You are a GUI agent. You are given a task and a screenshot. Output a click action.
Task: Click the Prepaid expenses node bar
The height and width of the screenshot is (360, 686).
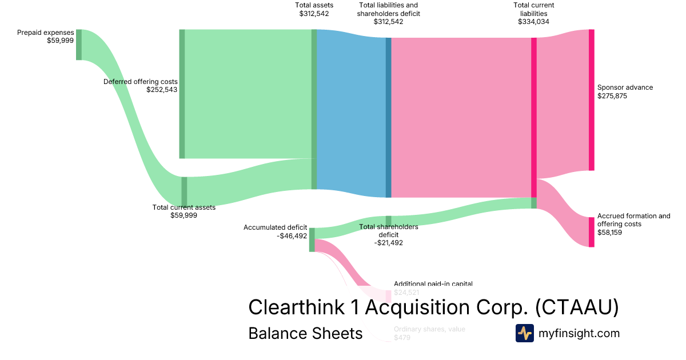[x=79, y=45]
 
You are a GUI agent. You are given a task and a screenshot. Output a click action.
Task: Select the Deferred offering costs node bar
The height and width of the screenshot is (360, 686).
[x=182, y=94]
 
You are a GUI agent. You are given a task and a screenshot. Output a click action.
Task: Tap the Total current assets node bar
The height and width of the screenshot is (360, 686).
[x=184, y=191]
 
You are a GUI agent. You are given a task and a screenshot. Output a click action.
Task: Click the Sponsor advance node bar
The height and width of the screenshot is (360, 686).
[x=592, y=100]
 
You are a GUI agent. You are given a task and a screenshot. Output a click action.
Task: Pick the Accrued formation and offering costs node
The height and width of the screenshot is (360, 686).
[x=592, y=232]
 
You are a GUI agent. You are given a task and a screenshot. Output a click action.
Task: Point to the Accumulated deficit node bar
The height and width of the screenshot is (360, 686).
[x=312, y=239]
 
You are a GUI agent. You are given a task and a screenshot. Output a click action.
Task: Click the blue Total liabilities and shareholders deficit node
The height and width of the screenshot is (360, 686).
[x=389, y=118]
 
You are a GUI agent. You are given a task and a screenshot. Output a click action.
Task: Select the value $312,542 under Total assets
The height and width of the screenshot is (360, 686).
[x=314, y=14]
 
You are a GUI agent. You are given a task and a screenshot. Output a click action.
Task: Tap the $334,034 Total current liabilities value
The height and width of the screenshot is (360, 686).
[x=533, y=22]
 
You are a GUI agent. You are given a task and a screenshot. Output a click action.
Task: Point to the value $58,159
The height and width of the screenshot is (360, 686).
[x=611, y=233]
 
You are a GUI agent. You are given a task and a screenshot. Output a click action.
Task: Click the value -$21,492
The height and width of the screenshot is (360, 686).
[x=388, y=243]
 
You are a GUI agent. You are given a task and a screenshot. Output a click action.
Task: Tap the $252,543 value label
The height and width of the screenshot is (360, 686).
[x=162, y=90]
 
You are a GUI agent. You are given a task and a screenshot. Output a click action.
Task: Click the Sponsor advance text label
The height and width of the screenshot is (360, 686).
[x=625, y=87]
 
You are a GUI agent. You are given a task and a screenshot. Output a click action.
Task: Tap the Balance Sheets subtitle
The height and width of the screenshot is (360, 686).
[x=305, y=333]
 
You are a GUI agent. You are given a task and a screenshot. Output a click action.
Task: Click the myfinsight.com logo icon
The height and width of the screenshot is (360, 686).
[x=524, y=333]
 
